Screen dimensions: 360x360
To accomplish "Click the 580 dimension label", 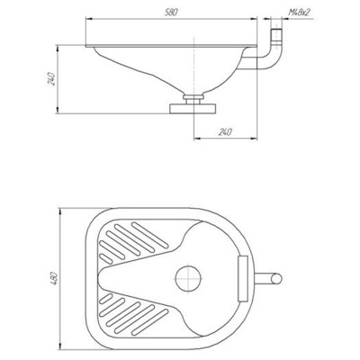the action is (172, 13).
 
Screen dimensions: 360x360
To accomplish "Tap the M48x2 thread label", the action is (299, 13).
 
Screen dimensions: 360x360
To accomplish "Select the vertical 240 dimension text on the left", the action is (51, 79).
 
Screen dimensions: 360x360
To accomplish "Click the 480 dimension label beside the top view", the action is (54, 278).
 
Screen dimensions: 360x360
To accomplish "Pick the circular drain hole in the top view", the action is (188, 279).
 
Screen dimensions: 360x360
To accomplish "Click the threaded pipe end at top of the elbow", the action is (276, 35).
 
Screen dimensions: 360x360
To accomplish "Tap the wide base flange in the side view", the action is (193, 108).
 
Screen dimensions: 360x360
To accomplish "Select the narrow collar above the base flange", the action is (193, 97).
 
